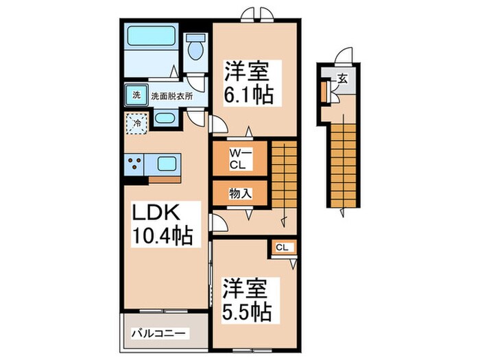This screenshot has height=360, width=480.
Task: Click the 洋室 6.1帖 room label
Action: (x=250, y=82)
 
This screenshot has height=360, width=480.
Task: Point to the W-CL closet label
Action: (x=238, y=158)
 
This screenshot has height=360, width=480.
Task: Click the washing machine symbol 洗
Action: (x=136, y=95)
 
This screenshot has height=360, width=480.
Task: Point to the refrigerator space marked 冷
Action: (x=136, y=125)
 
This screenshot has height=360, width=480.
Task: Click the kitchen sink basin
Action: (x=167, y=164)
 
